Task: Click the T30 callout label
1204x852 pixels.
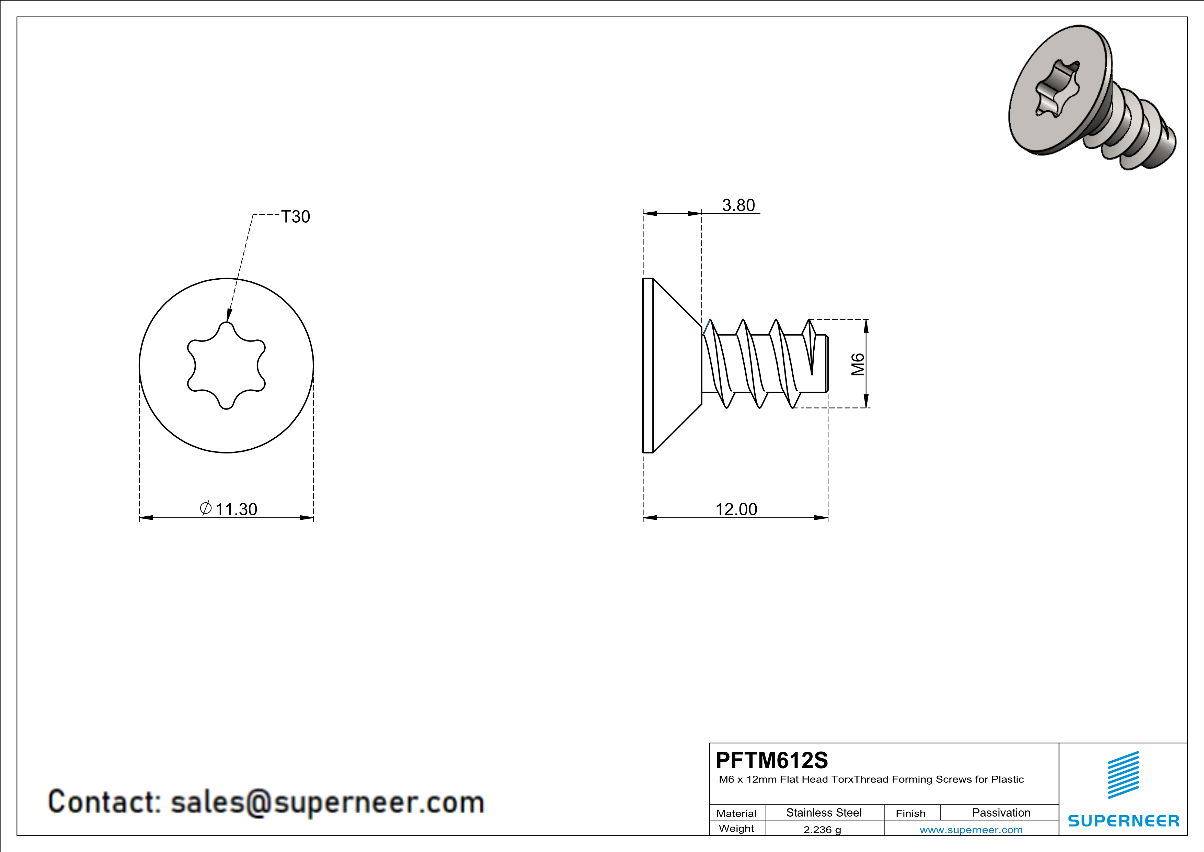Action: (296, 217)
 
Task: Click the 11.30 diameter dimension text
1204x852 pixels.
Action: (236, 509)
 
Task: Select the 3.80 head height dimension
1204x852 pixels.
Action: (738, 205)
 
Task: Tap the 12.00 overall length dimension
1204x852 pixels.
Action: (736, 509)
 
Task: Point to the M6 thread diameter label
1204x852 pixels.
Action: (857, 364)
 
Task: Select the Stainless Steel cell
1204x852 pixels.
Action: (824, 812)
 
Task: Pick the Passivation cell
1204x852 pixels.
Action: (1001, 812)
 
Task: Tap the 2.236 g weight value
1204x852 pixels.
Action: (822, 829)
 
